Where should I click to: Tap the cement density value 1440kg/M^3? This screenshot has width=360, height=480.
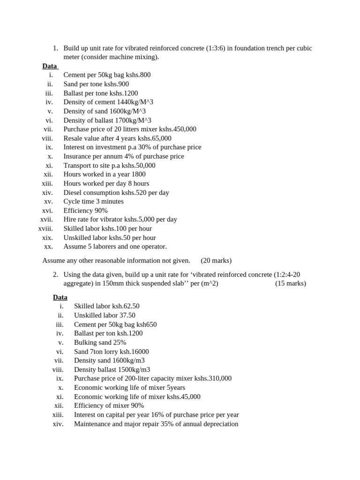coord(135,102)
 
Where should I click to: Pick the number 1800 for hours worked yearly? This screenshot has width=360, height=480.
coord(136,174)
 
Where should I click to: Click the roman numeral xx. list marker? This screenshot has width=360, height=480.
coord(48,247)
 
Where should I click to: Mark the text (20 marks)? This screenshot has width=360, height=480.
coord(216,261)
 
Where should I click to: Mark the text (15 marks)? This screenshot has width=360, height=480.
coord(290,284)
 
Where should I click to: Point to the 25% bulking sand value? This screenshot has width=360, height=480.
coord(120,343)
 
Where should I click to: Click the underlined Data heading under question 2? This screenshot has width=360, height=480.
coord(60,298)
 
